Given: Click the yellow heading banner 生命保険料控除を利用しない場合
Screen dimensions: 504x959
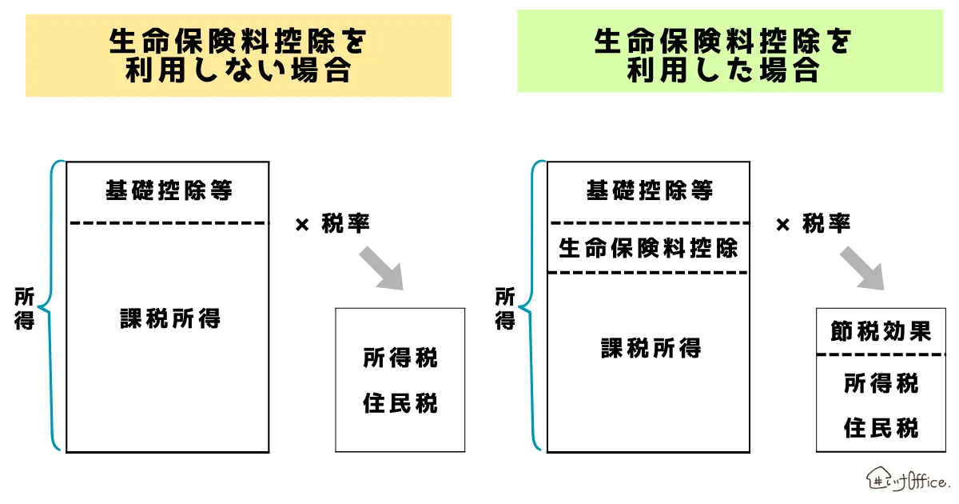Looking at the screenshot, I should (238, 55).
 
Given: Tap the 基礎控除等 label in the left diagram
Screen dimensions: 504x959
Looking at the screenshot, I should (168, 191).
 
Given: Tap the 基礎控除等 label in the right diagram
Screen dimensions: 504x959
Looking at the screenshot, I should (648, 191).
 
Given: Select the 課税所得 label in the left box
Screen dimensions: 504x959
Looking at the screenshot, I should (169, 319).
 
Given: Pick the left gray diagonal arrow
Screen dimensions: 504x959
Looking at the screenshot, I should (381, 269).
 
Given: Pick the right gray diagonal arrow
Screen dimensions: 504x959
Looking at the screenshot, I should (862, 269).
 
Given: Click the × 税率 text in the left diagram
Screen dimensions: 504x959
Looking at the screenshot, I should (332, 225).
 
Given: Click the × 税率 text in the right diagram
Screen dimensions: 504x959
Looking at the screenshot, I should (813, 225).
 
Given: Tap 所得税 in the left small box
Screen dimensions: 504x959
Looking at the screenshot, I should (400, 358).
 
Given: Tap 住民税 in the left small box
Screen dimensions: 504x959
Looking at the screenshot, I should (400, 402).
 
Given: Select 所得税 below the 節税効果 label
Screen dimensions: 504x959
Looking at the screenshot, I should (881, 384).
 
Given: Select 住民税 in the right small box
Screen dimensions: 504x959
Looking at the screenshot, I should (881, 429).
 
